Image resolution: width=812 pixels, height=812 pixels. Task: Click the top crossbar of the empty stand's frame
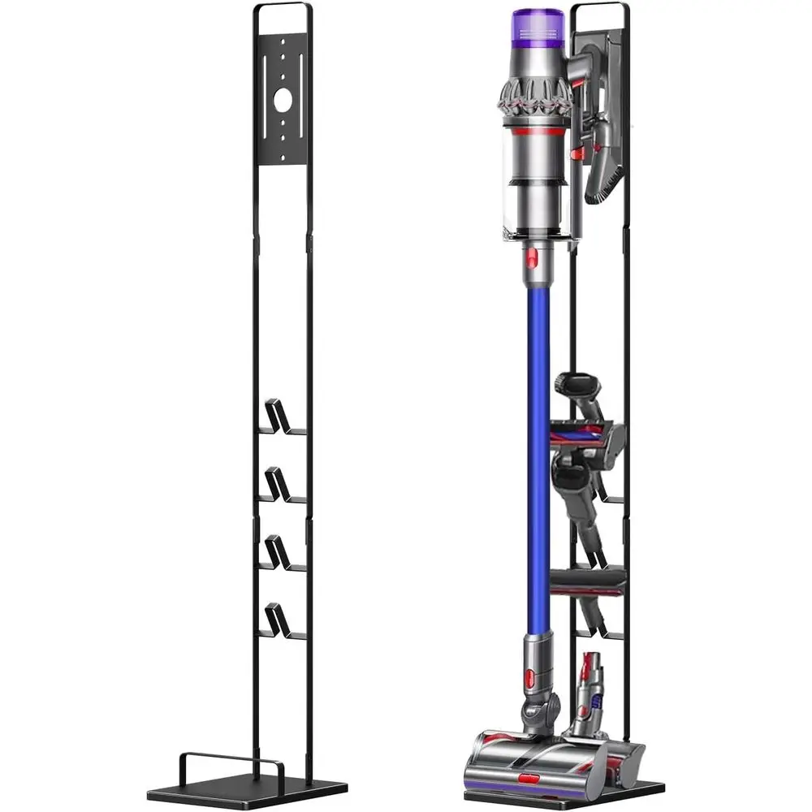pos(282,6)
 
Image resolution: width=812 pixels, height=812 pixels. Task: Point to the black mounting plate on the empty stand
pos(282,97)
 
